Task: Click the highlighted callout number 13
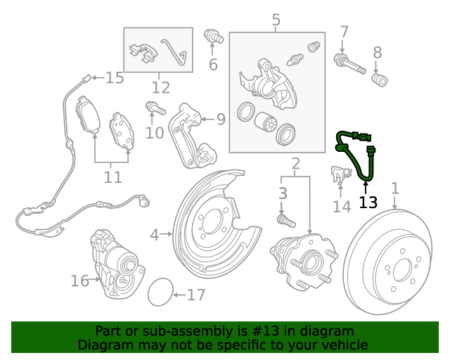tap(368, 202)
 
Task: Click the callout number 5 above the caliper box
tap(276, 20)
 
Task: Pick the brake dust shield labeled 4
tap(211, 218)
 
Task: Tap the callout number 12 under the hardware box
tap(160, 88)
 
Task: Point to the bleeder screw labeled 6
tap(212, 37)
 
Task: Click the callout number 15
tap(114, 78)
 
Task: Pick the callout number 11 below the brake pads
tap(112, 177)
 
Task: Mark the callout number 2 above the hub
tap(295, 165)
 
